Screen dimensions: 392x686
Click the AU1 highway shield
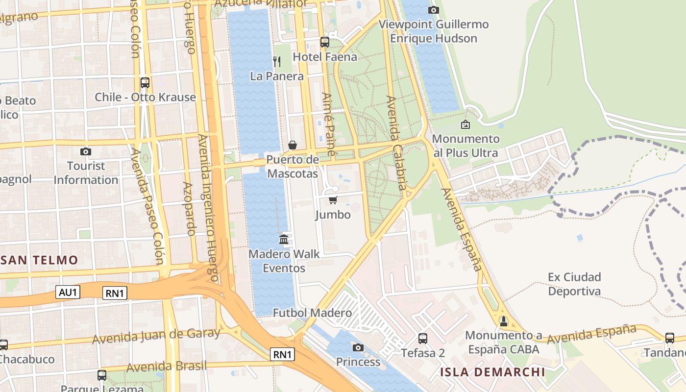pos(68,293)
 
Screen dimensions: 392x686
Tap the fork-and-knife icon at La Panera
pos(277,61)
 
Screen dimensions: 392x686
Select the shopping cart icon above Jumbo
pos(333,200)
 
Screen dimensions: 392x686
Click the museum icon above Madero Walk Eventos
pos(284,239)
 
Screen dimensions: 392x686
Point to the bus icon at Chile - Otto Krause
pos(145,82)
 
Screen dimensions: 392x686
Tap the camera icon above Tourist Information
pos(85,151)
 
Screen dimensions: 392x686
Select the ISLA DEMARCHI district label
pos(492,372)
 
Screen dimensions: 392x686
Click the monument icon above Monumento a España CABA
pos(503,321)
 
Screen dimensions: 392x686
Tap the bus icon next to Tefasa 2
pos(422,338)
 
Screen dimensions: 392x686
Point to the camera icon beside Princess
pos(358,347)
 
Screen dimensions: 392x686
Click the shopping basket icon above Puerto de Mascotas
pos(293,145)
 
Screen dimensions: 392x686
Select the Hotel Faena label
pos(325,57)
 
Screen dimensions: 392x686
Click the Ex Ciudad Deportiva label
pos(574,284)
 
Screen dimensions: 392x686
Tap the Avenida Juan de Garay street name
pos(156,336)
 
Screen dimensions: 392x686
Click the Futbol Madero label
pos(312,313)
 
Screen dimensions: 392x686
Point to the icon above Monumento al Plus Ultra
pos(465,124)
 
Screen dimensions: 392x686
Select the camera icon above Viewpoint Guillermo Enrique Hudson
pos(433,10)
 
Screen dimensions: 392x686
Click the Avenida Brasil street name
pos(167,367)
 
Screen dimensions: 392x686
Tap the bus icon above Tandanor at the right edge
pos(669,338)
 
